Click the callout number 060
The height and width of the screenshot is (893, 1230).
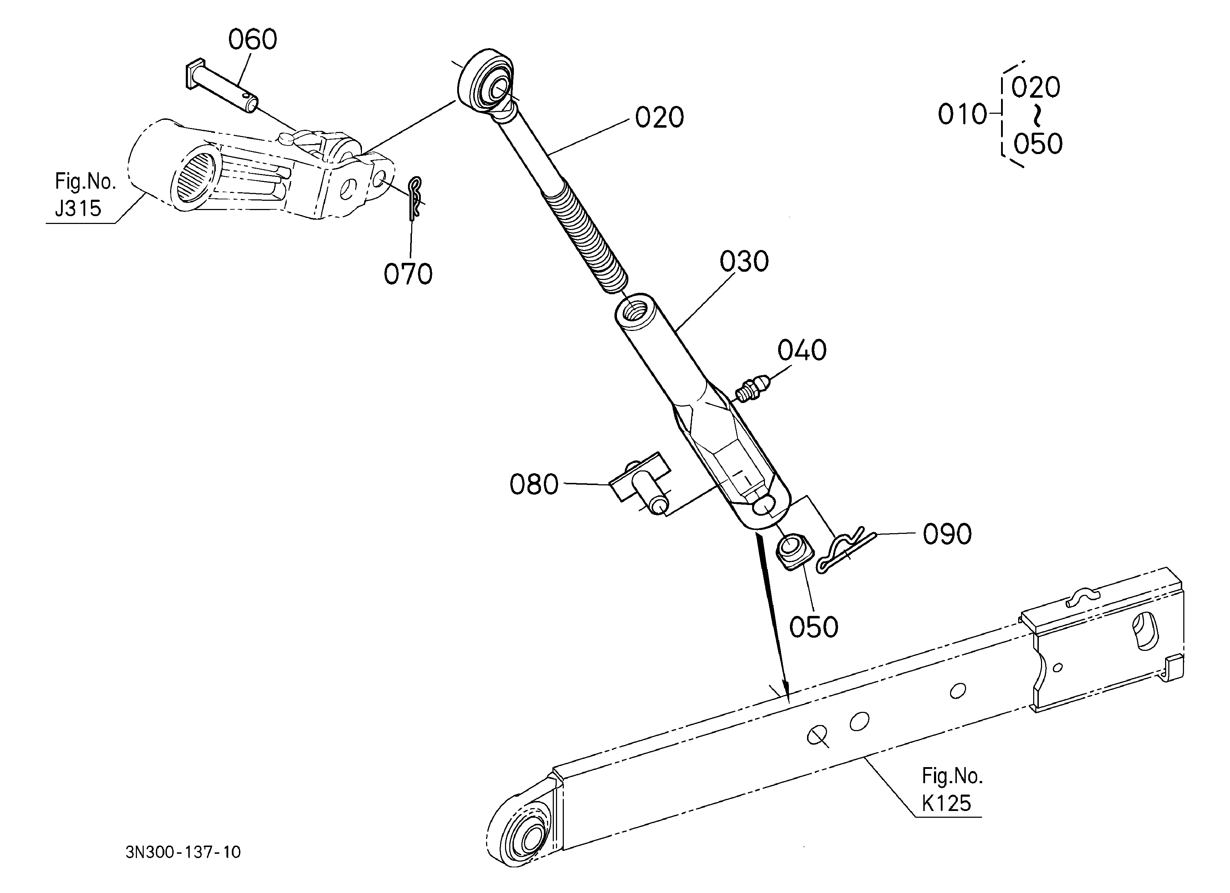(252, 40)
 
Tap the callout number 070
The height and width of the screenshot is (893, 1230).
(408, 274)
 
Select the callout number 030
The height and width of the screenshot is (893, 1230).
(744, 261)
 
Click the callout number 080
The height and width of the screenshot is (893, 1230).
(534, 484)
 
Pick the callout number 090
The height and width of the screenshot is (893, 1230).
(947, 534)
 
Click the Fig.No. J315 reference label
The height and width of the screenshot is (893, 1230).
(84, 194)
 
